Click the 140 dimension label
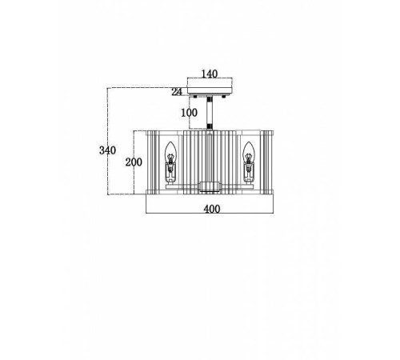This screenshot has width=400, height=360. coord(210,74)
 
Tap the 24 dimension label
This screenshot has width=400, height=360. coord(177,92)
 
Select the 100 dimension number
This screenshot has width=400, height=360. coord(190,113)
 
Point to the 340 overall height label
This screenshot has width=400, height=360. coord(107,150)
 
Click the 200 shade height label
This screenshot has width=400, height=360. coord(134,162)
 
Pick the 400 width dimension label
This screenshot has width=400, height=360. coord(212,209)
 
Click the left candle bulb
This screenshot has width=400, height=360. coord(170,153)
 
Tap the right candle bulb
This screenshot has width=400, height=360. coord(249,153)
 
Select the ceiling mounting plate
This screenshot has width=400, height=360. coord(210,90)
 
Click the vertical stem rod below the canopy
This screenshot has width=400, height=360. coord(210,112)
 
